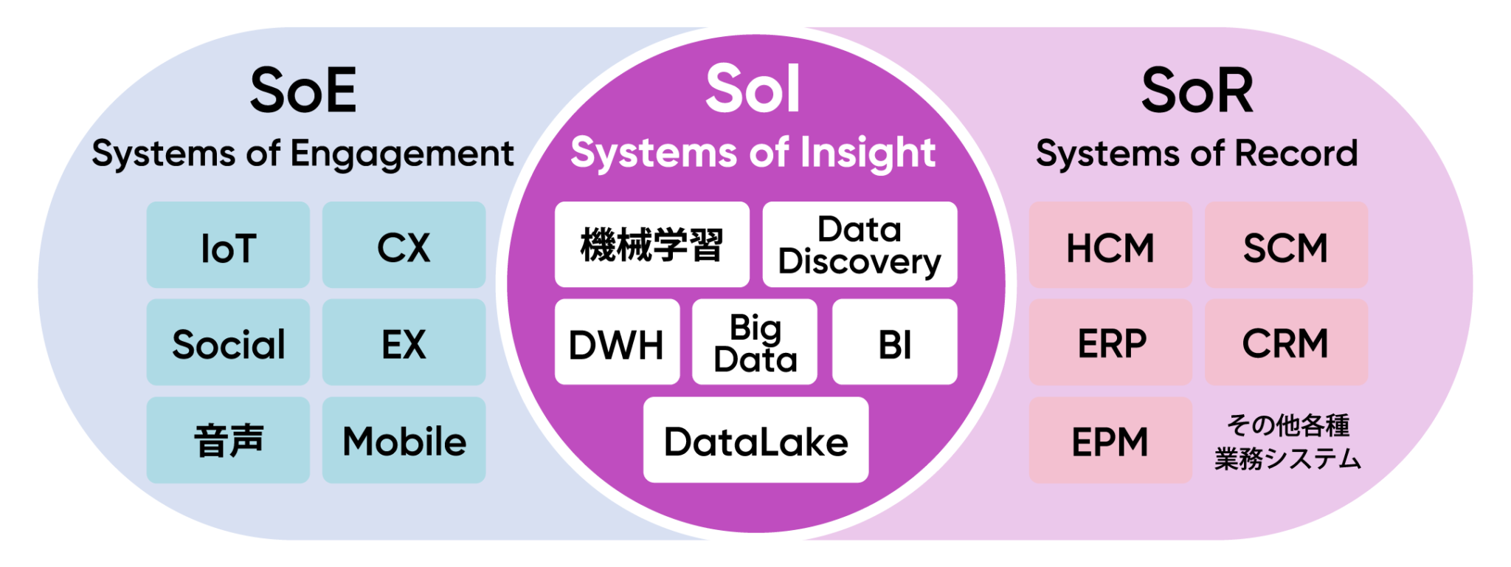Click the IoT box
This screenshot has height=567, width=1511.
coord(228,245)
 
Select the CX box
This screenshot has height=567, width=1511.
coord(404,245)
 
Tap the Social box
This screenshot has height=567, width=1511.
coord(228,343)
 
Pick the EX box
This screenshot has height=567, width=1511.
coord(404,343)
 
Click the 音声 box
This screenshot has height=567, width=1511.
coord(228,440)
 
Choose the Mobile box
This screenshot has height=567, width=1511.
coord(404,440)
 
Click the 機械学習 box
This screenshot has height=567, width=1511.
coord(652,244)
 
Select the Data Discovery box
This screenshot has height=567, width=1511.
coord(860,244)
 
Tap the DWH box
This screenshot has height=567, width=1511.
coord(617,342)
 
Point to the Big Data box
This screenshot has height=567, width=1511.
coord(755,342)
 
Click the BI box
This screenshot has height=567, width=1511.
coord(895,342)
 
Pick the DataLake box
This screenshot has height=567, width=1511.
coord(755,440)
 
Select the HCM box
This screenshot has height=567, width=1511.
coord(1110,245)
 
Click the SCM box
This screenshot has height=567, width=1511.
coord(1287,245)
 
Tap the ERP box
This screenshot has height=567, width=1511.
coord(1110,343)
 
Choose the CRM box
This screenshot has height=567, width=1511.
coord(1287,343)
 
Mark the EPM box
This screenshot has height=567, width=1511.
coord(1110,441)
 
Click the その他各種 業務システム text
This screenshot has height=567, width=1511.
coord(1287,442)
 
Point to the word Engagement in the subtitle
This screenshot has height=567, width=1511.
coord(402,155)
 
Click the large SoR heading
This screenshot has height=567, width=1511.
coord(1197,91)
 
